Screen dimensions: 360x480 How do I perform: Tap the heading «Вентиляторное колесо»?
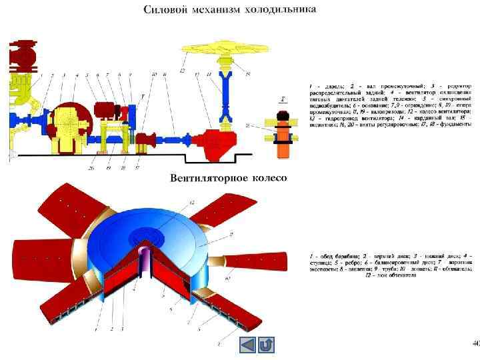click(228, 178)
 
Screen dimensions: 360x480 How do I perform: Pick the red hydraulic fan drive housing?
click(223, 141)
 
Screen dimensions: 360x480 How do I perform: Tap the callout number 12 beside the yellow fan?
click(182, 70)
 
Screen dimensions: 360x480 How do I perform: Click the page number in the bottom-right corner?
click(475, 344)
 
